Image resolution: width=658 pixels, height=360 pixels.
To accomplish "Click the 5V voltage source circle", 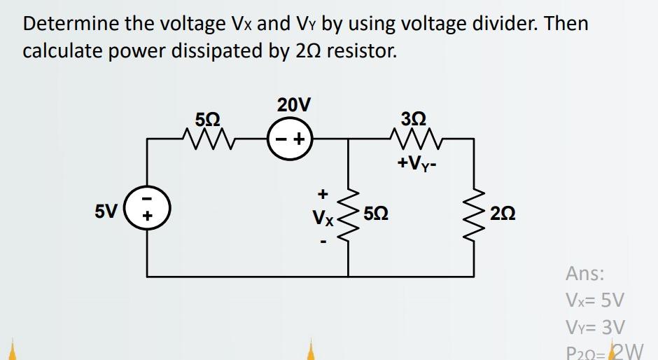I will coord(146,210).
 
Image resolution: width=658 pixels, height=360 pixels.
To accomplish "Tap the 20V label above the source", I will coord(293,106).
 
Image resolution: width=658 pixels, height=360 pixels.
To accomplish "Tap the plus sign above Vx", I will coord(323,192).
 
